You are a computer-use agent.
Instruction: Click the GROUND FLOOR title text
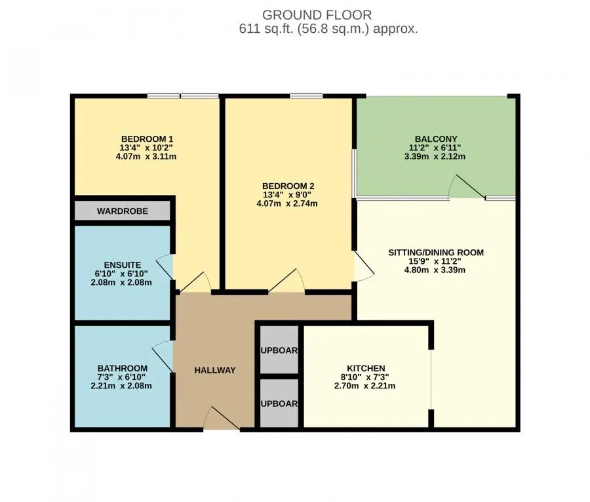coord(317,15)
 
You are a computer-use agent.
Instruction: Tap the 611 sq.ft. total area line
coord(328,29)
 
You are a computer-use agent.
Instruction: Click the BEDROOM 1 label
coord(147,139)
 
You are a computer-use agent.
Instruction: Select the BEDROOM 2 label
coord(288,186)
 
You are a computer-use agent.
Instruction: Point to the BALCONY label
coord(436,139)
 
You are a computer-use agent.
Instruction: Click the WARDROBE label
coord(123,211)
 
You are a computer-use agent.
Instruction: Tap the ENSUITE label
coord(123,265)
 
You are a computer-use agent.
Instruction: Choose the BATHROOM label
coord(123,368)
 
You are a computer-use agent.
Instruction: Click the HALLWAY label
coord(215,370)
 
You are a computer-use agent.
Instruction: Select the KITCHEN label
coord(366,368)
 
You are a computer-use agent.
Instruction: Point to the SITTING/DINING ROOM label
coord(436,253)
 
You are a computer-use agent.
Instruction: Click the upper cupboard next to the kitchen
coord(279,350)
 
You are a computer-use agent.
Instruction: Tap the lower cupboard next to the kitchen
coord(279,404)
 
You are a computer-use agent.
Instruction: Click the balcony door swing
coord(467,187)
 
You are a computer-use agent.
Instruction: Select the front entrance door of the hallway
coord(222,419)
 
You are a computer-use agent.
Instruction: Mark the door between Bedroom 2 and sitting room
coord(363,266)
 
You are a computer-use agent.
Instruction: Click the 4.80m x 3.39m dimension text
coord(435,270)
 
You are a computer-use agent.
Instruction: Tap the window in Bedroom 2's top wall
coord(306,96)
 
